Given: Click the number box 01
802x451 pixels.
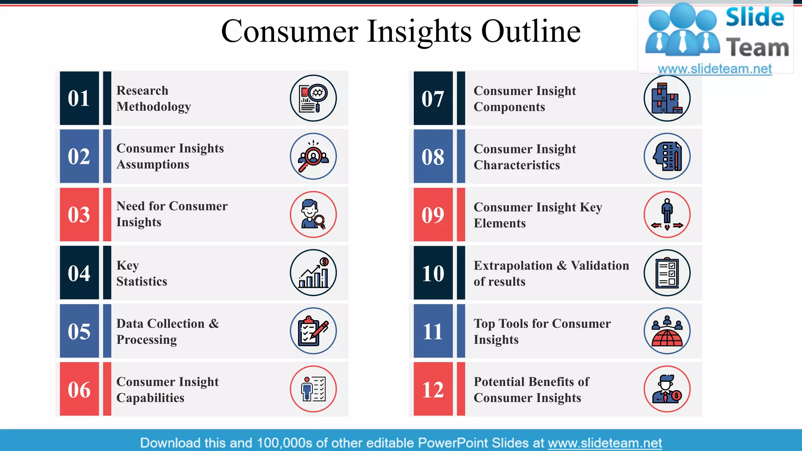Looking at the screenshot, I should (x=79, y=98).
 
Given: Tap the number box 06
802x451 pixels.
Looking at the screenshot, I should (x=79, y=389).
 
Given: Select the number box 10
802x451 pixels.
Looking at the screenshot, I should (x=433, y=273).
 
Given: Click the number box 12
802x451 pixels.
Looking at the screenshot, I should (x=433, y=389).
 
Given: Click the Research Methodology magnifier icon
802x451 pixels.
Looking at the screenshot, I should (x=313, y=98).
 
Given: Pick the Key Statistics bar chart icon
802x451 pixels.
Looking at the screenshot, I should (x=313, y=273).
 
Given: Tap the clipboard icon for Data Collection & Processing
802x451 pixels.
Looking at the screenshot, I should (x=313, y=331).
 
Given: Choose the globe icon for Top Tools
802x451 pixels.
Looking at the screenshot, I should (x=667, y=331).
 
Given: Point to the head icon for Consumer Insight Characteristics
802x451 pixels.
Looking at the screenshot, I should (x=667, y=157).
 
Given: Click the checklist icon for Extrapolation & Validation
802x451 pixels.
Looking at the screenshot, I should (x=667, y=273).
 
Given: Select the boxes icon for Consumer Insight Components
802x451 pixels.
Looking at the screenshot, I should (x=667, y=98).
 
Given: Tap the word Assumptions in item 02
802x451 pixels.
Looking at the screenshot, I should (x=153, y=164).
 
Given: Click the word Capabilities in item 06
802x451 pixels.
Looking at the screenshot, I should (x=150, y=398).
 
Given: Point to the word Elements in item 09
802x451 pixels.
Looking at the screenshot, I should (x=500, y=223).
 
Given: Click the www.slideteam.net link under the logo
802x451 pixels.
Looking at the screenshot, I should (x=715, y=69).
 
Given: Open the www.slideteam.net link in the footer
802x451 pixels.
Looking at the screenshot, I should (x=605, y=443).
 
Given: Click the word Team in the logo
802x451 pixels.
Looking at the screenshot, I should (x=757, y=48).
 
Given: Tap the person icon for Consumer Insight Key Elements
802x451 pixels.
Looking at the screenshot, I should (x=667, y=215).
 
